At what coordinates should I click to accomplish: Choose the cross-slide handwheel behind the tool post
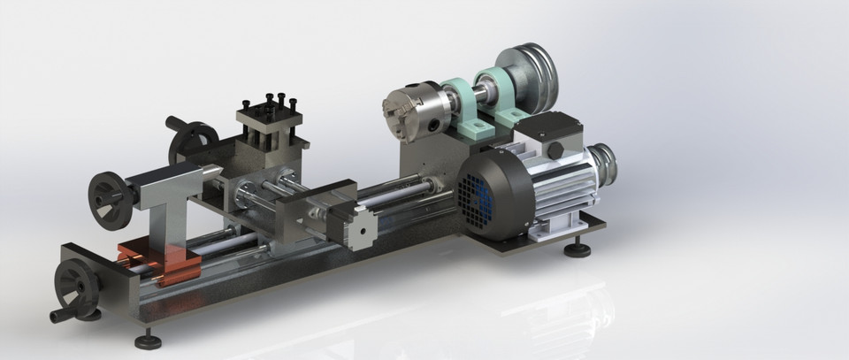coord(195,142)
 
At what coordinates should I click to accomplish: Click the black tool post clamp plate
coord(269,111)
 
